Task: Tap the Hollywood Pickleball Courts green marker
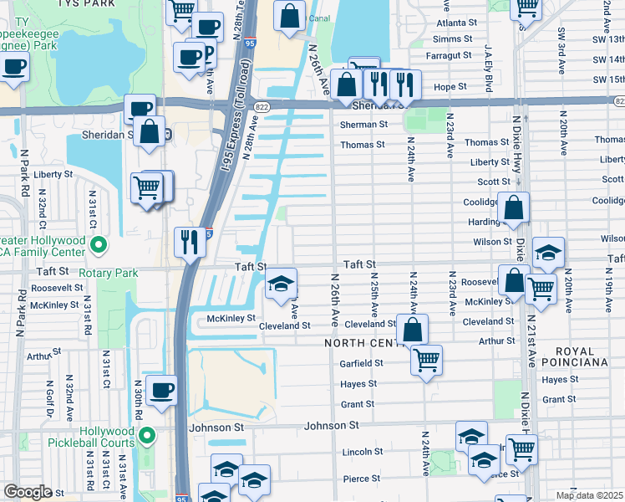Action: (147, 434)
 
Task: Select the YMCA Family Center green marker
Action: (99, 245)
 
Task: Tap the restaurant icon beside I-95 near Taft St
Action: (189, 243)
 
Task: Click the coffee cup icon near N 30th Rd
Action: (161, 388)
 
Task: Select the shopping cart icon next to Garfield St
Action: (426, 361)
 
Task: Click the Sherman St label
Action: (363, 125)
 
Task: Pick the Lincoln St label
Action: (363, 452)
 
